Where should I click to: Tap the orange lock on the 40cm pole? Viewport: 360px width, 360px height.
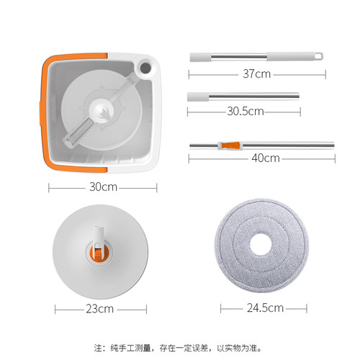pyautogui.click(x=230, y=145)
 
